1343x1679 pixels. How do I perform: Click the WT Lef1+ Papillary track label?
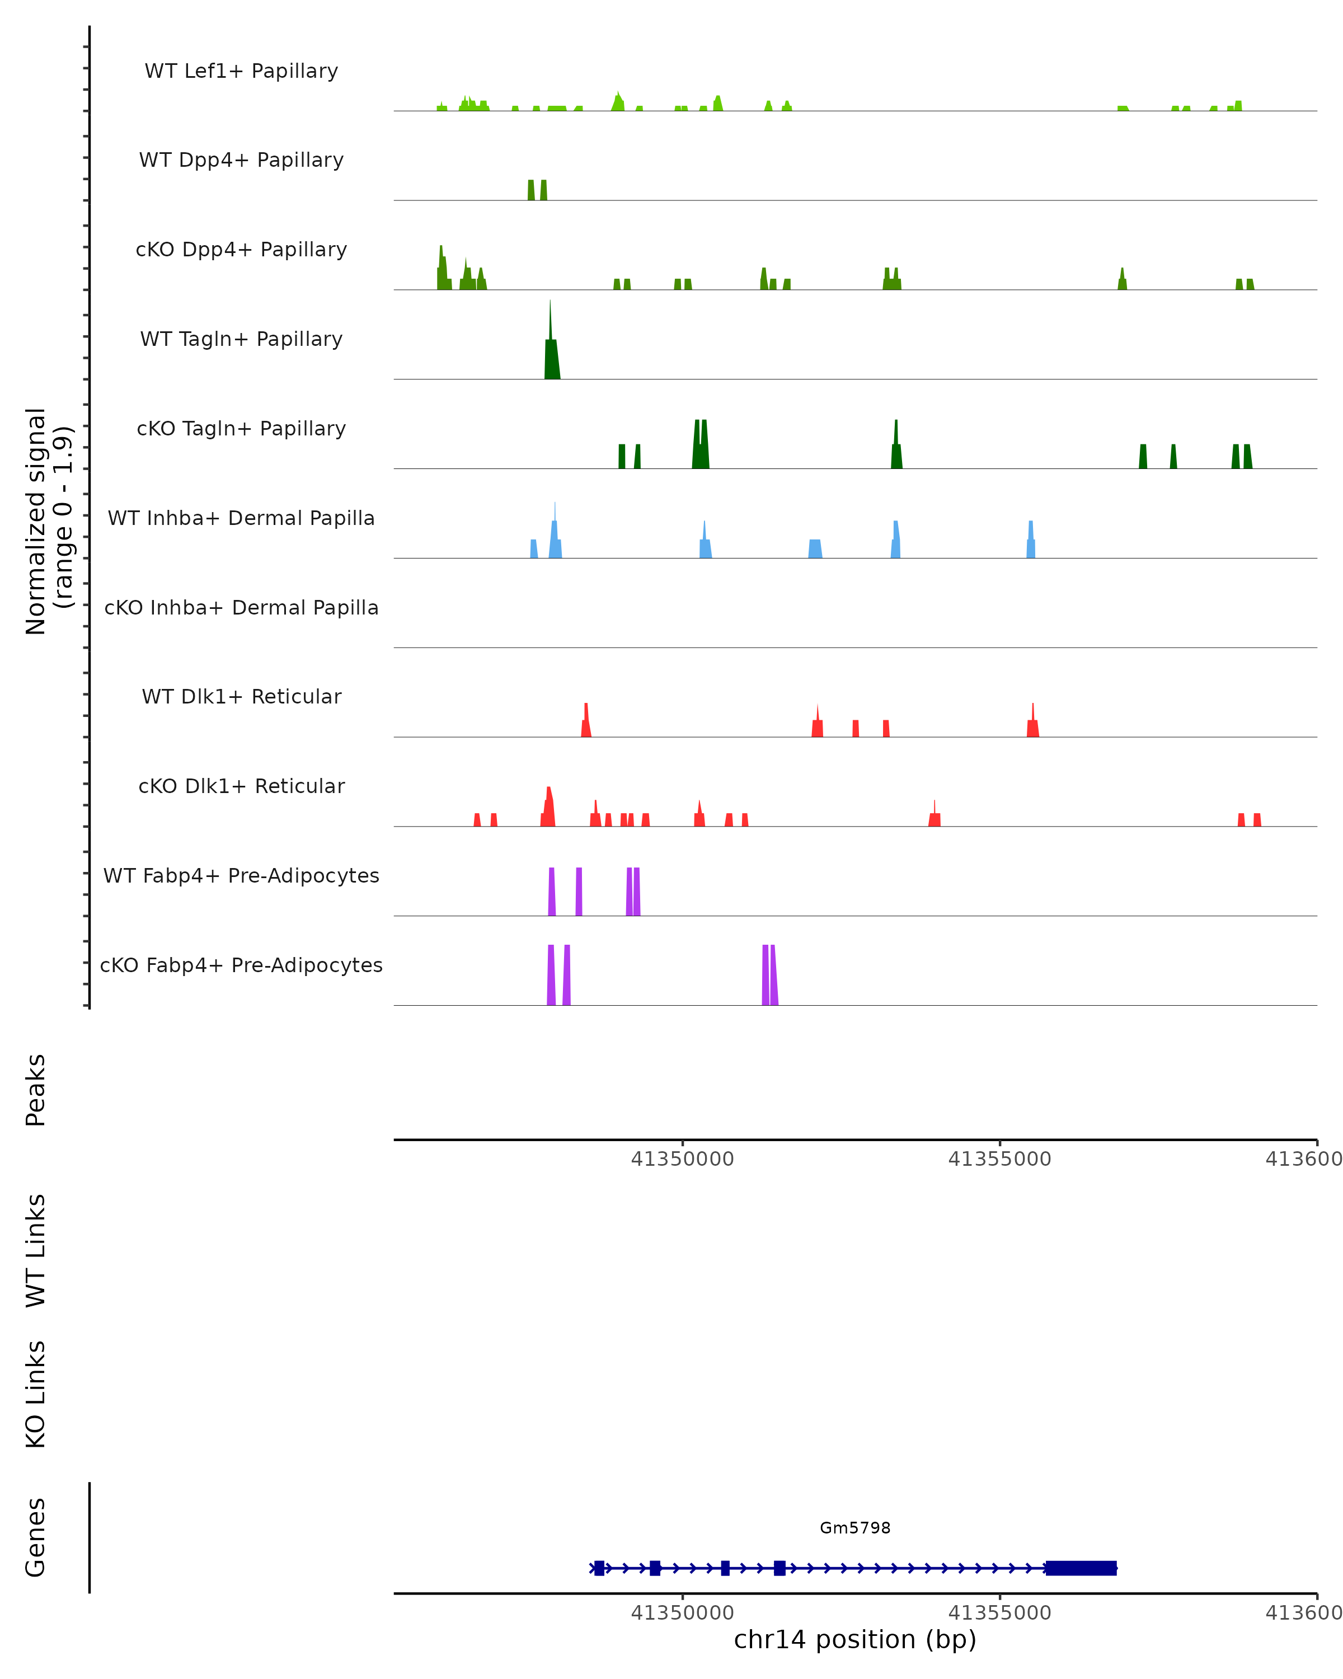coord(241,71)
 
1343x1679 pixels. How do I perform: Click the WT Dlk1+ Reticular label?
coord(241,696)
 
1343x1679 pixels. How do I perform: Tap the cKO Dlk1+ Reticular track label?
coord(241,786)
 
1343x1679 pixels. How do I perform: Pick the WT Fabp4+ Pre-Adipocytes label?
coord(241,875)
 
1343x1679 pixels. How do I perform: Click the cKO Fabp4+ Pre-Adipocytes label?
coord(241,965)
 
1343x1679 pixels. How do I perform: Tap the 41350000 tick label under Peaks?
coord(682,1159)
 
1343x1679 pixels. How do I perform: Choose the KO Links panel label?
coord(36,1394)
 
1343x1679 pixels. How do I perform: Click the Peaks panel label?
coord(36,1090)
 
